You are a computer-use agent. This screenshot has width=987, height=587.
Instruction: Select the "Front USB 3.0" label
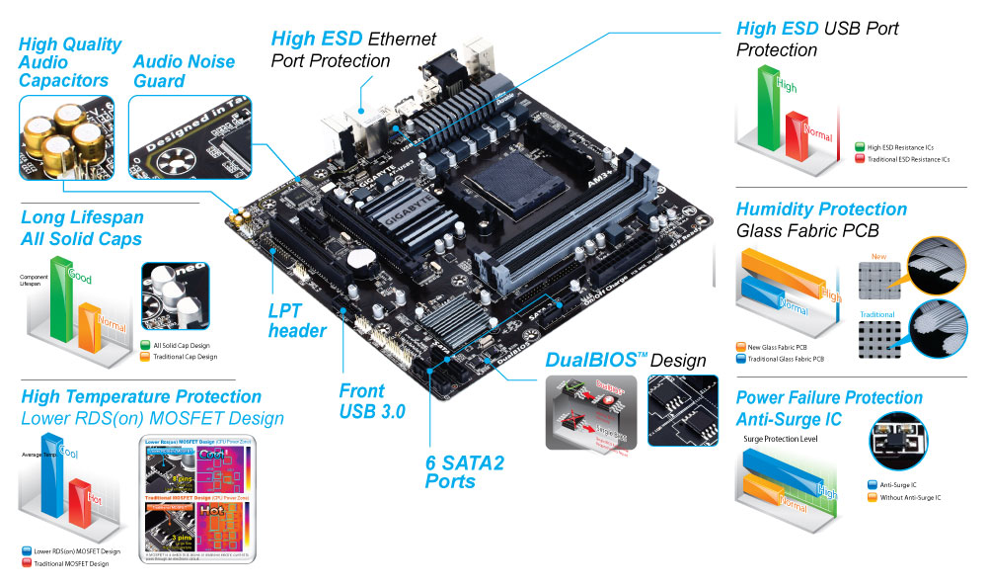(x=371, y=400)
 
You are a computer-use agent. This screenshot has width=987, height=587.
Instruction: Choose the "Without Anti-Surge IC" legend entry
(x=907, y=497)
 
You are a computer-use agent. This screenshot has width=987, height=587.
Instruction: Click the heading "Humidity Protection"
(x=821, y=210)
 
